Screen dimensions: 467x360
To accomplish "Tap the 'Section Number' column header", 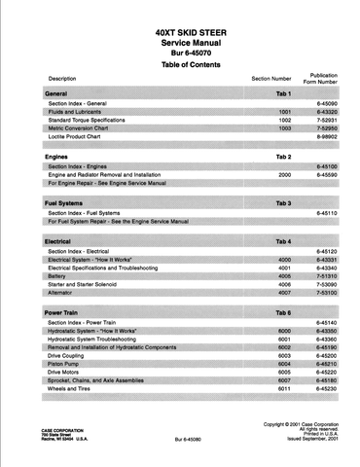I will coord(271,78).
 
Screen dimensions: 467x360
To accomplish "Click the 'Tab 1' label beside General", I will coord(283,91).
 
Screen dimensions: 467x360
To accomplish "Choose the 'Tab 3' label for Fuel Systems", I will coord(283,202).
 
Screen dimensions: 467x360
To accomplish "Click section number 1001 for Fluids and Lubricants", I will coord(284,113).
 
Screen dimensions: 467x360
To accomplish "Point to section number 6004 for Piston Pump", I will coord(284,363).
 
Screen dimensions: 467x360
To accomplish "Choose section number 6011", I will coord(284,389).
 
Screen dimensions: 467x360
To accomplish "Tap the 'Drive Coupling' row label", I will coord(83,354).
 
